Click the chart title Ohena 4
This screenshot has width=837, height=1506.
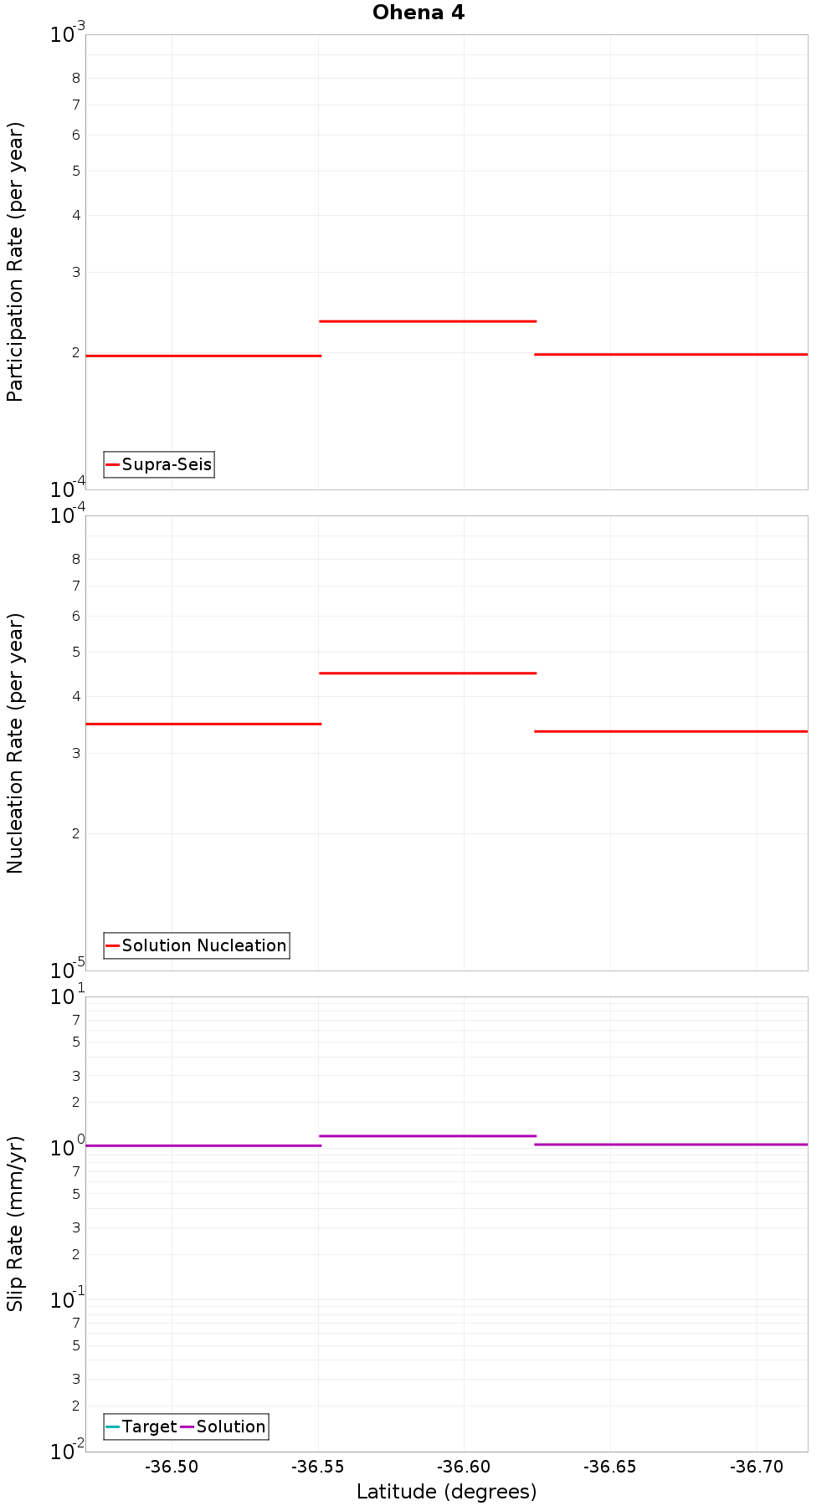[x=418, y=13]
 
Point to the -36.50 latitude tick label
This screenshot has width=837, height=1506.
[x=172, y=1467]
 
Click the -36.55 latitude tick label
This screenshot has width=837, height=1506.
[x=318, y=1467]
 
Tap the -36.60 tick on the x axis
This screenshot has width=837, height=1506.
[x=465, y=1467]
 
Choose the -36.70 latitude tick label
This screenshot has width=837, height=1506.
[x=757, y=1467]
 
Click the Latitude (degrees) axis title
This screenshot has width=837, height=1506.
[x=446, y=1492]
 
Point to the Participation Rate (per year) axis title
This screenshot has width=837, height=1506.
[x=15, y=262]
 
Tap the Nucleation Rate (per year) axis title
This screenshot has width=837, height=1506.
[x=15, y=743]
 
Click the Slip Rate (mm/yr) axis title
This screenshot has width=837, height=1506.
[x=15, y=1224]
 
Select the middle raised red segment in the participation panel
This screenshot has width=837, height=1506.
[x=427, y=321]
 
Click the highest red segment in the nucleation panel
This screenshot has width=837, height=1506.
[x=427, y=673]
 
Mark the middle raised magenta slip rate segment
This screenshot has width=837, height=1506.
[x=427, y=1136]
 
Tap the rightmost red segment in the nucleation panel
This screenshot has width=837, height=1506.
[x=670, y=731]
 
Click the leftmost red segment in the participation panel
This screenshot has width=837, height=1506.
[x=203, y=356]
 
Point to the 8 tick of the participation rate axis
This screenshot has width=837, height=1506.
[x=76, y=79]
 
